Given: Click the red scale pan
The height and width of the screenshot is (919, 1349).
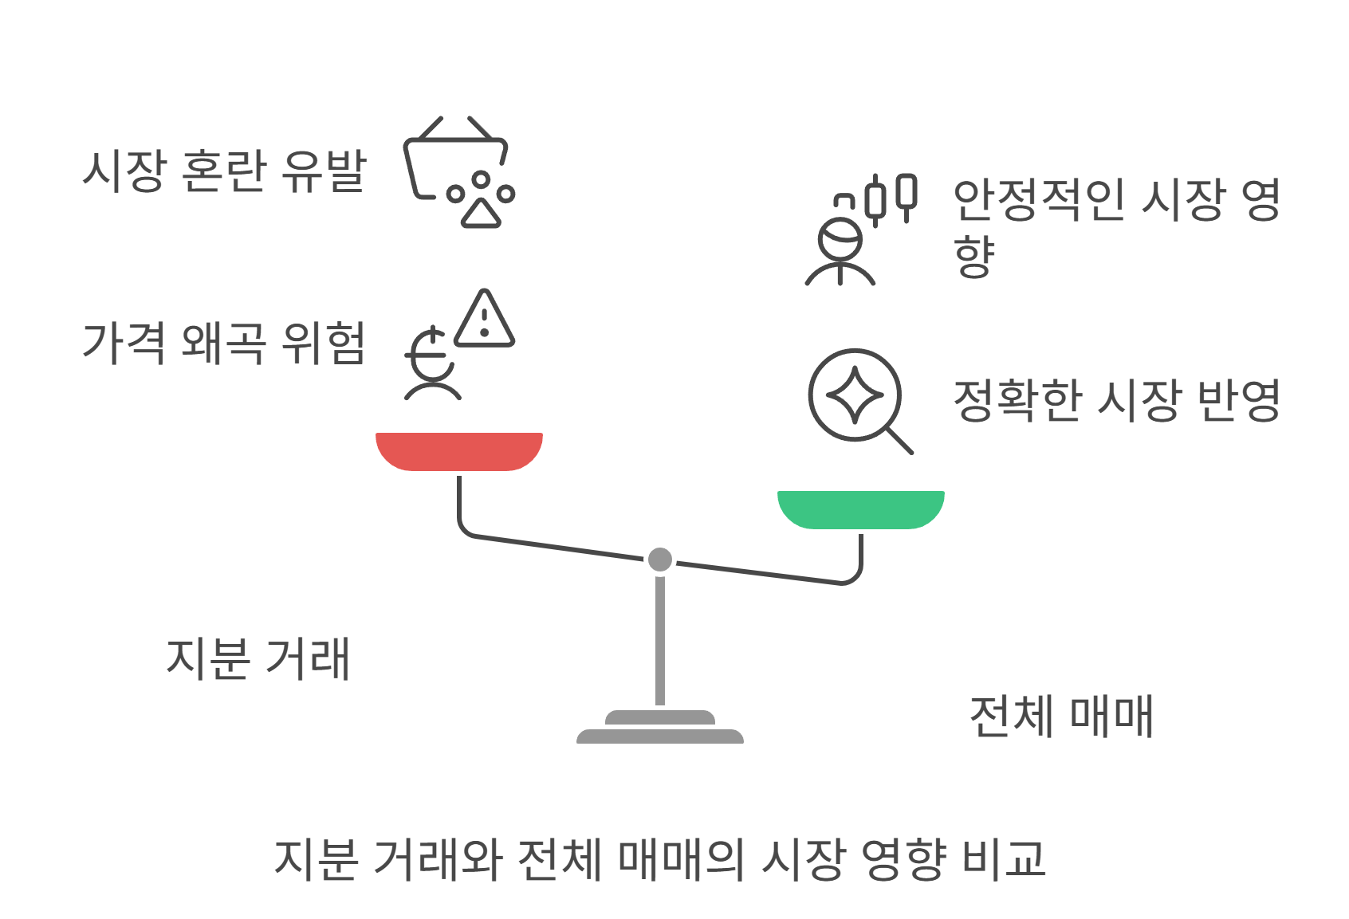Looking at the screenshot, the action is pos(458,450).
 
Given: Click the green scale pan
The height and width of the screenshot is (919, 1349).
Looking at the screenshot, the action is pos(860,509).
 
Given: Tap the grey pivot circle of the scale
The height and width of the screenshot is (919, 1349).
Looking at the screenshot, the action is pos(659,560).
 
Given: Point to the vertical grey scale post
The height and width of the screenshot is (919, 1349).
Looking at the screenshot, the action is pos(659,638).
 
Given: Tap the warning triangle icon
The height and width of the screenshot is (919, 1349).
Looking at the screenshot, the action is pos(484,320).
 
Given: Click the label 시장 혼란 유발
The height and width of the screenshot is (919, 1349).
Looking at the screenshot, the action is pos(224,171).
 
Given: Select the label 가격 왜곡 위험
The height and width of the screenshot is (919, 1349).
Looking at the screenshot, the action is pos(224,343).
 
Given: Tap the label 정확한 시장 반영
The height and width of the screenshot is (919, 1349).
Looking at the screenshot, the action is pos(1116,400).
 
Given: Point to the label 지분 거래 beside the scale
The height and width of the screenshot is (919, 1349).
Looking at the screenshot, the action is pos(258,658).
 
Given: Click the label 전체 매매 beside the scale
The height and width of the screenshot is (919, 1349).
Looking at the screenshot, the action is pos(1061,716).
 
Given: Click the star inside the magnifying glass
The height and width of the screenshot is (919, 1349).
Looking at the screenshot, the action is pos(855,395).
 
